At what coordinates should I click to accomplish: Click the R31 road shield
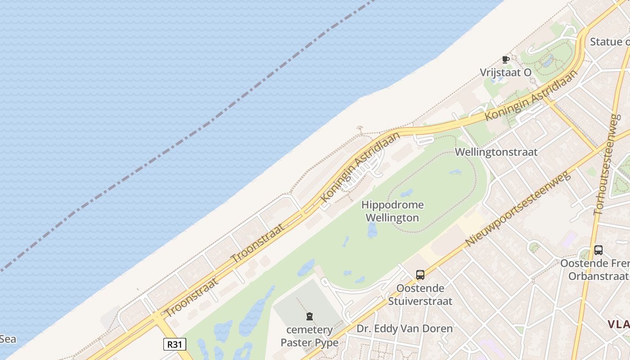(x=174, y=344)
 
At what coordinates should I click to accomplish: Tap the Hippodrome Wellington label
(x=392, y=211)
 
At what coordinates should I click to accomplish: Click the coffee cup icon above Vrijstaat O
(x=505, y=59)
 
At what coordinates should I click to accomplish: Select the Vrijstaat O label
(x=505, y=72)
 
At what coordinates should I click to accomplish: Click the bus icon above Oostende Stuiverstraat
(x=420, y=275)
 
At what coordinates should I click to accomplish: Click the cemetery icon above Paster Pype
(x=310, y=316)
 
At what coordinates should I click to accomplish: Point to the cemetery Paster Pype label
(x=310, y=336)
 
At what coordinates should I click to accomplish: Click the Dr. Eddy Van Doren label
(x=405, y=328)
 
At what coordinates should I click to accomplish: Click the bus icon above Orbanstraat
(x=598, y=250)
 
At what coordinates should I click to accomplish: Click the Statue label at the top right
(x=610, y=42)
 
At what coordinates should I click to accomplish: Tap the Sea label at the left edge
(x=8, y=339)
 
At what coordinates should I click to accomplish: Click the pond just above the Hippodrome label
(x=406, y=193)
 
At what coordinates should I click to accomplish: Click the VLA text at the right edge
(x=619, y=324)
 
